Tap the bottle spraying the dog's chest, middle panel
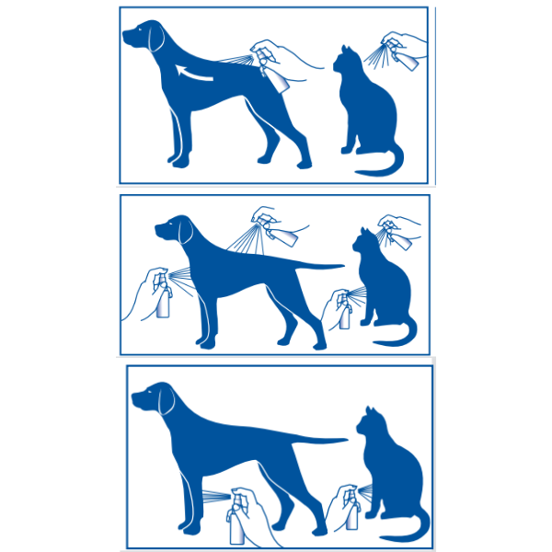coord(162,296)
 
